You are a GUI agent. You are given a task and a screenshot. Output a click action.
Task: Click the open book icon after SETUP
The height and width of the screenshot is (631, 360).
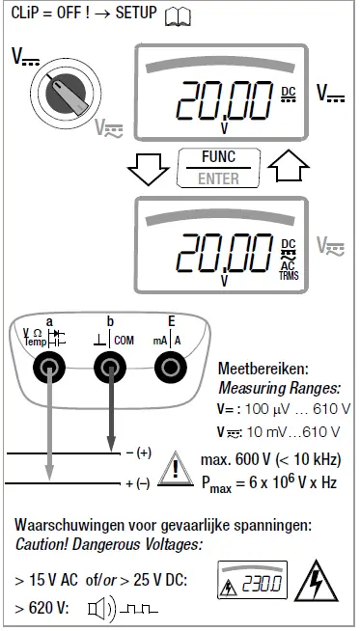(x=180, y=14)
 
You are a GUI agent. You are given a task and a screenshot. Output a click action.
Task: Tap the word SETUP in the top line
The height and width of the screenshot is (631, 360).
(x=137, y=14)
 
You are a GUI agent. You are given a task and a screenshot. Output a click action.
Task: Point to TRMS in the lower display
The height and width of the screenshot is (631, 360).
(x=290, y=275)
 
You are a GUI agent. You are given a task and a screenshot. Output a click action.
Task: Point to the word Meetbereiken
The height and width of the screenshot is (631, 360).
(x=263, y=369)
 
